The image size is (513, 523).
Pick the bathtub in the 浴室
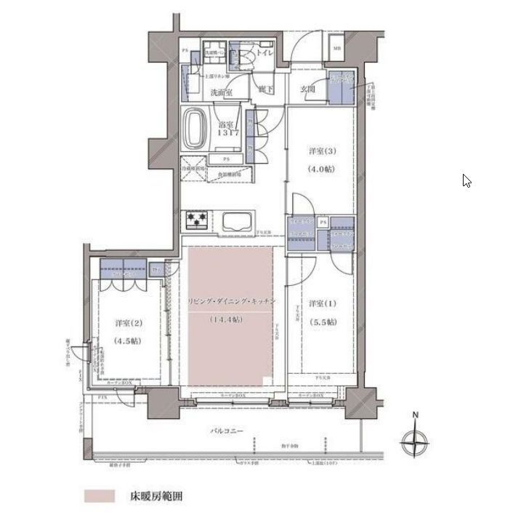[x=197, y=129]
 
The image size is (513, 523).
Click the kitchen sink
[x=237, y=221]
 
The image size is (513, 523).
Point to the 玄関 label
[x=307, y=89]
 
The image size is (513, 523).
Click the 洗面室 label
[x=222, y=93]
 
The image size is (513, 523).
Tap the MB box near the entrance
[x=337, y=49]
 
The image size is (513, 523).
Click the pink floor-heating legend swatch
[x=100, y=497]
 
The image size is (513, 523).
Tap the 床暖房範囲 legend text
[x=155, y=498]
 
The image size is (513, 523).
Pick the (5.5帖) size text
[x=321, y=322]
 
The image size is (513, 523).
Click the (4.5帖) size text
[x=127, y=340]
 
